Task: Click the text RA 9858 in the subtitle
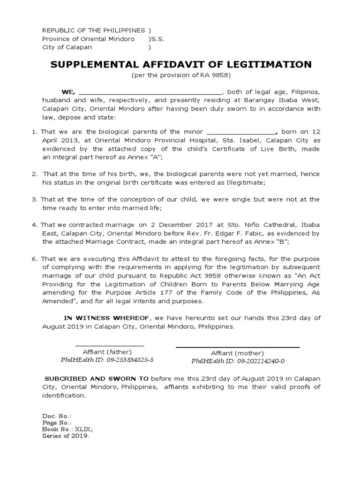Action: point(219,75)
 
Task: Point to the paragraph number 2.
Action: point(35,174)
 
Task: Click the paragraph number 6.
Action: point(35,258)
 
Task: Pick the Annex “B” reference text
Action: point(272,241)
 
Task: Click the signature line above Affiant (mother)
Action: point(238,347)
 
